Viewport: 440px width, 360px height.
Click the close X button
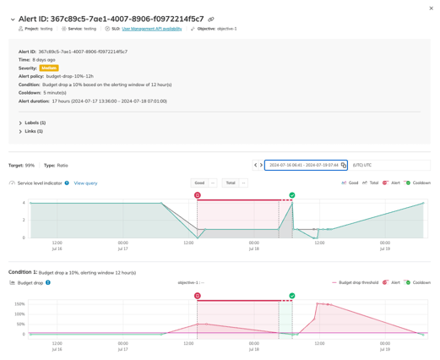(431, 8)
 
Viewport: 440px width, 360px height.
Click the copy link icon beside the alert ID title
(211, 19)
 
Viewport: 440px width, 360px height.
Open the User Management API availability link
(152, 29)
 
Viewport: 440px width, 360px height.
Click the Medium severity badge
(49, 68)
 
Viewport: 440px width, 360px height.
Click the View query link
(85, 183)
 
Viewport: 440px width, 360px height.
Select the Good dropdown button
(199, 183)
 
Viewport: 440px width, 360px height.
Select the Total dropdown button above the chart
(230, 183)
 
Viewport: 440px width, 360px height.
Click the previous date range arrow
(256, 166)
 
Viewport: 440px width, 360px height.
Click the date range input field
(303, 166)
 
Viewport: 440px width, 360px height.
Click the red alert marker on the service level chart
(198, 195)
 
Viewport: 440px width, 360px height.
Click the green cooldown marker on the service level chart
(292, 195)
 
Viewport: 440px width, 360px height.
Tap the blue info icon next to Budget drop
(48, 282)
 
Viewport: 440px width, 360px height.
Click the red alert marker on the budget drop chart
(198, 296)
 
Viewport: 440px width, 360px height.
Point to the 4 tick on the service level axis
(24, 203)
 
